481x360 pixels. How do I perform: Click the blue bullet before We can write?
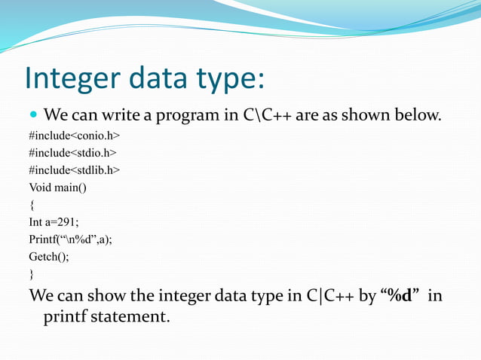pyautogui.click(x=33, y=116)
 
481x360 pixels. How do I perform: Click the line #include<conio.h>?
pyautogui.click(x=74, y=136)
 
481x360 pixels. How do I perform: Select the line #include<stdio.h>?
pyautogui.click(x=72, y=153)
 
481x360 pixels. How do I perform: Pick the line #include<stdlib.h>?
pyautogui.click(x=74, y=170)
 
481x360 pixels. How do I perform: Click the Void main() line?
pyautogui.click(x=57, y=188)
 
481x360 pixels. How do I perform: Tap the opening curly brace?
pyautogui.click(x=32, y=205)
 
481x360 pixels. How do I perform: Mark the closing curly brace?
pyautogui.click(x=32, y=274)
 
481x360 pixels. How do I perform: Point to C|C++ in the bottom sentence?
pyautogui.click(x=329, y=295)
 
